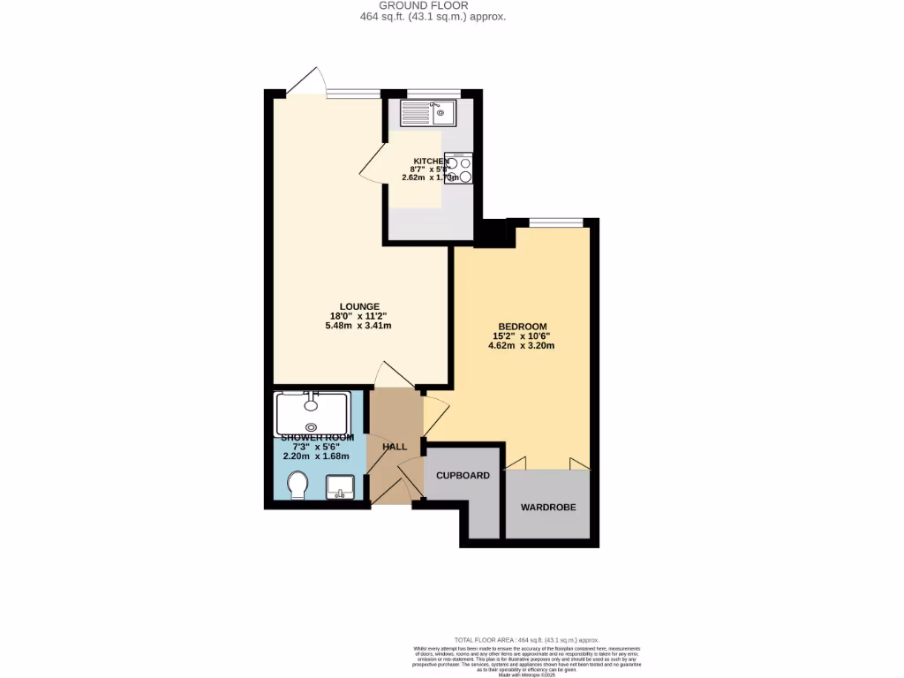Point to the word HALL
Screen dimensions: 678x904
click(395, 447)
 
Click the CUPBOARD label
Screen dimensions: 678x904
click(463, 476)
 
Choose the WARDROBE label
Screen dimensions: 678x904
click(547, 508)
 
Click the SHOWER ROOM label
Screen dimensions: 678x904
click(317, 438)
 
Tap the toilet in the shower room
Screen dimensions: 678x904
click(298, 485)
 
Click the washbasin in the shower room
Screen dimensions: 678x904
click(341, 486)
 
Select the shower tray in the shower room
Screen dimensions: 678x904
click(312, 412)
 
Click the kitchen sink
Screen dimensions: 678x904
click(427, 113)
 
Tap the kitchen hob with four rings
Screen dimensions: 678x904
click(458, 169)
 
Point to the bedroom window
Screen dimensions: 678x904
click(555, 222)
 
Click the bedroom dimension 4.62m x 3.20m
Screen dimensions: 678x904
click(521, 346)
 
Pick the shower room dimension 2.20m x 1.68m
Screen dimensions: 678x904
click(316, 456)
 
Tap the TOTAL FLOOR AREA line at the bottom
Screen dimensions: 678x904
click(526, 640)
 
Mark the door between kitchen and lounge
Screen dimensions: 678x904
click(372, 162)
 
